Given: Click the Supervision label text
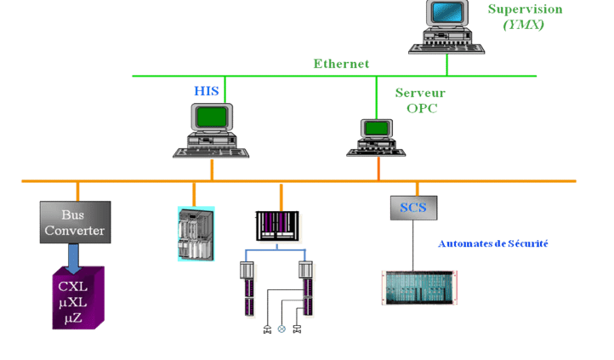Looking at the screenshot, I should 525,9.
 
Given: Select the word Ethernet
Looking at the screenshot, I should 341,63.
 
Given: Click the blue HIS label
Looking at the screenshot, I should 207,89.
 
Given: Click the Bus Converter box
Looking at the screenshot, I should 75,221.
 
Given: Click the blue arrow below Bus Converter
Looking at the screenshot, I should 75,254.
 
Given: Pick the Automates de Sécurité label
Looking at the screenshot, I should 492,243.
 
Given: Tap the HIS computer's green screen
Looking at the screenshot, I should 212,115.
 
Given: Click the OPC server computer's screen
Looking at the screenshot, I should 374,128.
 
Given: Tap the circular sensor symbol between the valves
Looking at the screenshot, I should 281,329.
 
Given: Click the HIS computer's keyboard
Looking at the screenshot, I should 212,151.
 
